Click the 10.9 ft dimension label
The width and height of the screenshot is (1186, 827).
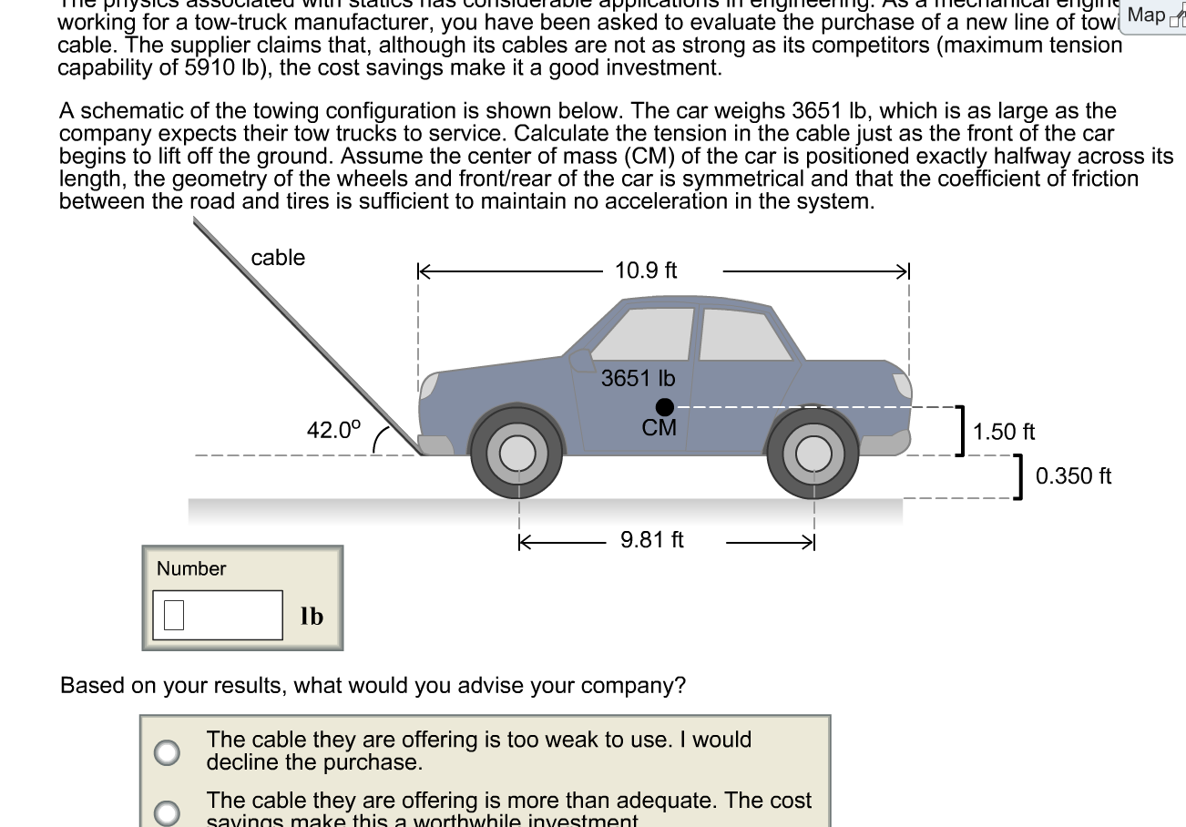646,271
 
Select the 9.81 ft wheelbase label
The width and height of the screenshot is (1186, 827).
651,540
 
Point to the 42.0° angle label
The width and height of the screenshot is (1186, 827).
333,429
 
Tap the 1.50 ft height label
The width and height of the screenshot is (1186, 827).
1004,432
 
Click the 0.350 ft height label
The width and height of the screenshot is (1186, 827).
1073,476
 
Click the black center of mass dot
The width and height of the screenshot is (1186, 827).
665,406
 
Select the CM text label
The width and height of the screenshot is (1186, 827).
659,428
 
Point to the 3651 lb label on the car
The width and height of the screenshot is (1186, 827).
638,378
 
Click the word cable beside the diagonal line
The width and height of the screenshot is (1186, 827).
278,258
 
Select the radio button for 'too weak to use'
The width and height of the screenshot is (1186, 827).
166,751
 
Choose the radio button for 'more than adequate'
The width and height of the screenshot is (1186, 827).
166,811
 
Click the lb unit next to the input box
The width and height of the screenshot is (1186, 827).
312,617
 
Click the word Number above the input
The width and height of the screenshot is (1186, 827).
191,568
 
